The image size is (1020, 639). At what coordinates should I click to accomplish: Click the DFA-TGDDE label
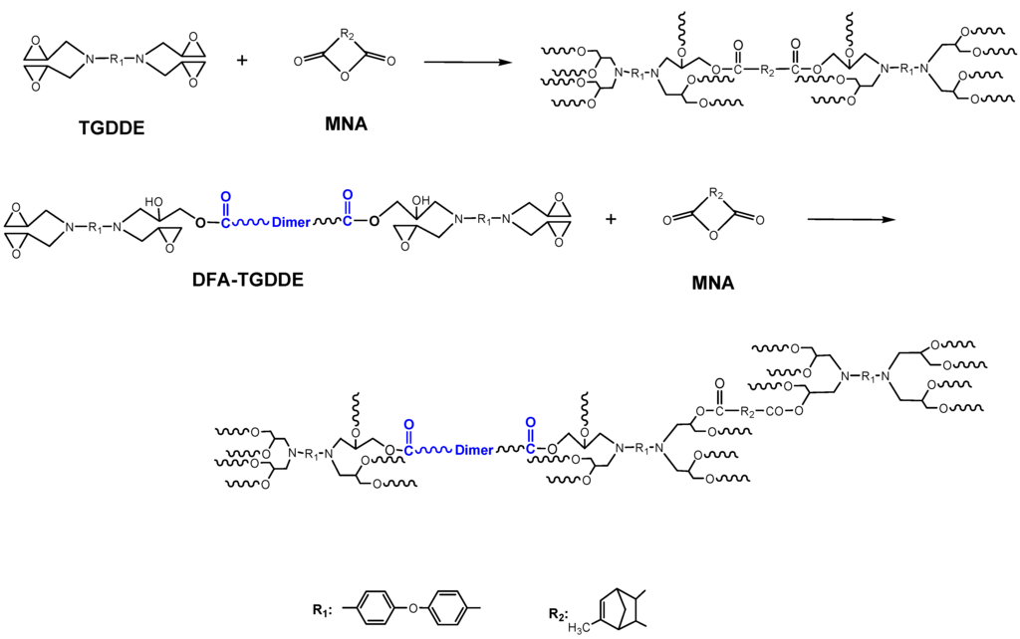coord(247,280)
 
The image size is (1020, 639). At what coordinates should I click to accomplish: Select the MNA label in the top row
coord(345,124)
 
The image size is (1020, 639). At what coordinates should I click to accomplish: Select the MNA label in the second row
coord(712,284)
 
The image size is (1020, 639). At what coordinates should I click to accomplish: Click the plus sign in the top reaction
coord(241,61)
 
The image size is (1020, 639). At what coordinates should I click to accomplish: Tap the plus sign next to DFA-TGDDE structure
coord(611,220)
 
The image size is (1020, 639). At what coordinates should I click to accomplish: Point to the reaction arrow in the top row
coord(463,62)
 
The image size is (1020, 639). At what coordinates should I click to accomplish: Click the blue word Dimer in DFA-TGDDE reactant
coord(292,223)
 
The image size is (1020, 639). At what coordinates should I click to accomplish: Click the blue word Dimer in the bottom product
coord(473,450)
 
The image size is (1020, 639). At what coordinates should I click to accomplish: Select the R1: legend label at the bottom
coord(322,610)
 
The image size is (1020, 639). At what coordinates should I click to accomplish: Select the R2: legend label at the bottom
coord(558,613)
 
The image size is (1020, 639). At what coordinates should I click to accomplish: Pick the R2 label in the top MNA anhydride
coord(346,35)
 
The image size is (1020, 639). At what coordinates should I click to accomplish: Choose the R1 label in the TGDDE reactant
coord(115,61)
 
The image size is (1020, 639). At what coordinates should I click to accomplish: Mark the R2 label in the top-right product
coord(765,71)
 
